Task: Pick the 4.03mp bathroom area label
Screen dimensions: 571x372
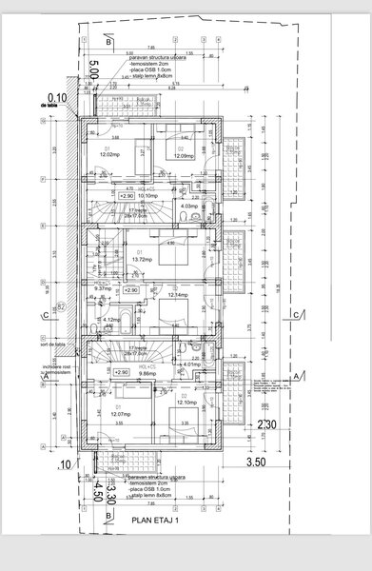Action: [x=188, y=206]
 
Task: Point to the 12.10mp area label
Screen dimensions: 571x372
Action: [x=186, y=404]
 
